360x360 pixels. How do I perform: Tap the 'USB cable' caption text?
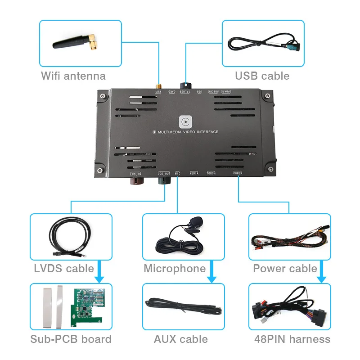[262, 76]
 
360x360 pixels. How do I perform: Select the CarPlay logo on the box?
[185, 121]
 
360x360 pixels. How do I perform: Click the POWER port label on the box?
[238, 173]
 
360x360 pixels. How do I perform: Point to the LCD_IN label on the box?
[135, 173]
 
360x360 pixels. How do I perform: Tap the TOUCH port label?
[211, 173]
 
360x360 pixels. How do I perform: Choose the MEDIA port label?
[194, 173]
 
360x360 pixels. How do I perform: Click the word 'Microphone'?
[175, 269]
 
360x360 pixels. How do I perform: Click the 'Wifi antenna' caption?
[73, 76]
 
